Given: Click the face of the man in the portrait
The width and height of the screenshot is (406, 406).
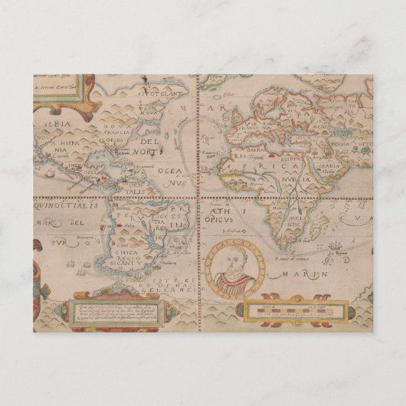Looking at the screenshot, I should pos(237,263).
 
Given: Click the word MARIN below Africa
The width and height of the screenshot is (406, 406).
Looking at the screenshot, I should pos(316,272).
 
